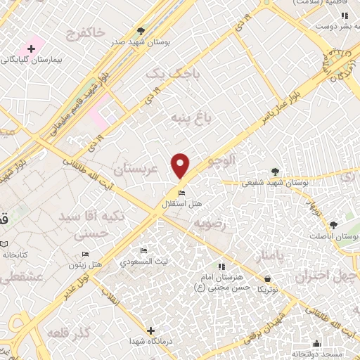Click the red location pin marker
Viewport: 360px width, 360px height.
point(181,165)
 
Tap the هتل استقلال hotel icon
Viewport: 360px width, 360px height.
point(181,193)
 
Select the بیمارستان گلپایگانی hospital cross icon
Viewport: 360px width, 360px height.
point(30,49)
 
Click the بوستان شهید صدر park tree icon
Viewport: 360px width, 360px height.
point(141,31)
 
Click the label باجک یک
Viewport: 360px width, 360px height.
point(173,74)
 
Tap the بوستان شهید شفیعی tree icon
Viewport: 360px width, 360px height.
point(275,171)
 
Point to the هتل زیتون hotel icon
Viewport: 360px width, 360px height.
point(85,255)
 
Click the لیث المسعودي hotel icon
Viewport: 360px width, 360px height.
point(143,251)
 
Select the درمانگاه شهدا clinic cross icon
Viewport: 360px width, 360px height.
point(150,330)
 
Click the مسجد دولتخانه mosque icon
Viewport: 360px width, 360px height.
point(317,344)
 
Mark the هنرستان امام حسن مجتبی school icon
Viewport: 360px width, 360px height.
point(221,266)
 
